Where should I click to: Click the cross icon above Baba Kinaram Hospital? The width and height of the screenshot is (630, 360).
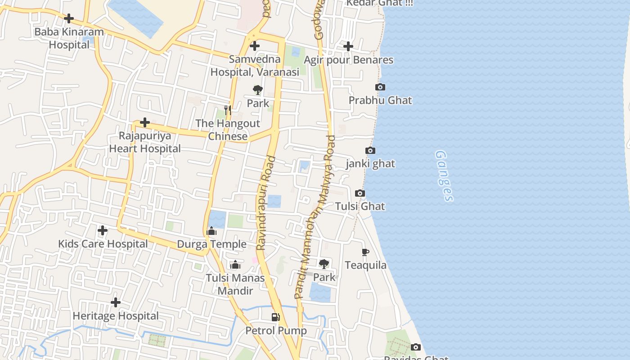69,18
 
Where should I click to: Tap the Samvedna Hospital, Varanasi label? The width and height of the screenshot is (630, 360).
255,66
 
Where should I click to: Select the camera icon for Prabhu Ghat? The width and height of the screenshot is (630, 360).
380,87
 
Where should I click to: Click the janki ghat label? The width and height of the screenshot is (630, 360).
370,164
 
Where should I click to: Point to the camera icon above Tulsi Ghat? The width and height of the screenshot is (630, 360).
360,193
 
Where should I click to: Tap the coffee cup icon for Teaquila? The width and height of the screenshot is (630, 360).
365,252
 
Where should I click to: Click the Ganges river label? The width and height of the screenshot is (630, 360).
444,175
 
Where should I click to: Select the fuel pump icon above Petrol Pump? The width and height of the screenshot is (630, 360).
276,317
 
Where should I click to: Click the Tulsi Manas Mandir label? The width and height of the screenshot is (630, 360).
235,284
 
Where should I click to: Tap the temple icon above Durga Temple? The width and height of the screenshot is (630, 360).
211,232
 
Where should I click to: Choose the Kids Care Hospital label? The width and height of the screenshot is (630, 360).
103,244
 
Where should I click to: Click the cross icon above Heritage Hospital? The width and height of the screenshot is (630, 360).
116,302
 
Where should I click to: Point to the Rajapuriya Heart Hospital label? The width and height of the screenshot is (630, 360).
145,142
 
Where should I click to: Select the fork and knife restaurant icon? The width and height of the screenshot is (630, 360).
228,110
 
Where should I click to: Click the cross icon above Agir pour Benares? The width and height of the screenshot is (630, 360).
348,46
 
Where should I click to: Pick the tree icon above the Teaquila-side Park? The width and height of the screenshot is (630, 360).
324,264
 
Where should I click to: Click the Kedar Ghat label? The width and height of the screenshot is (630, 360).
379,3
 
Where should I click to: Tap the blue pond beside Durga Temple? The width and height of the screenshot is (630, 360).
217,219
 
